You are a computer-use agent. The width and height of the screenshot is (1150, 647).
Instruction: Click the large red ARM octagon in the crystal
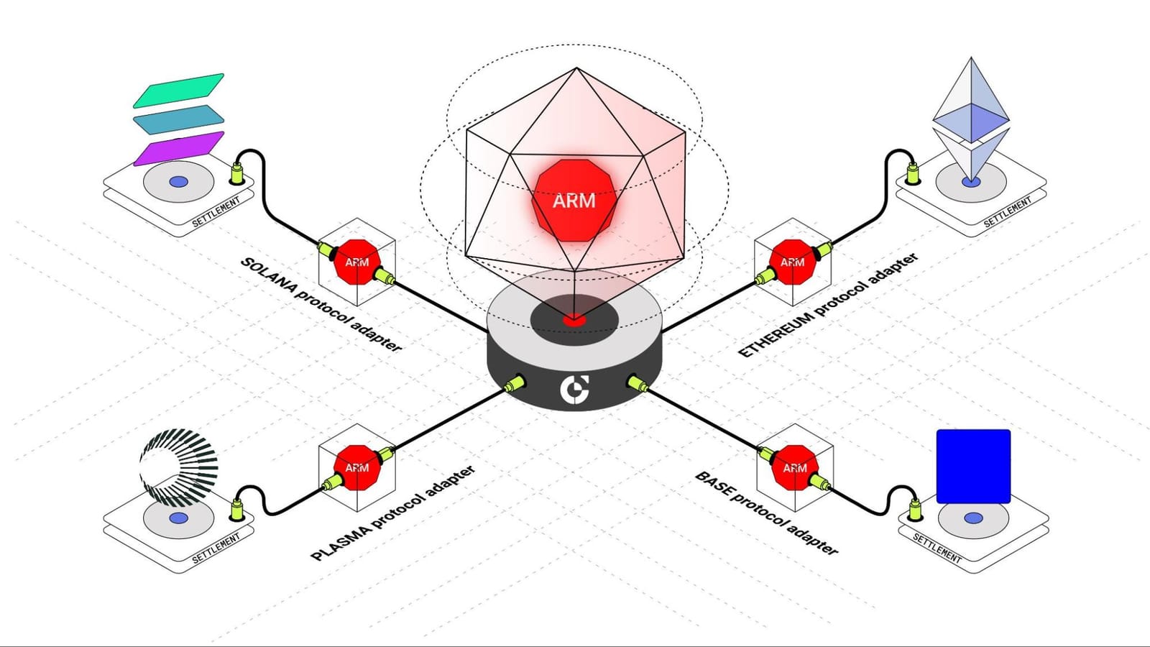[x=574, y=200]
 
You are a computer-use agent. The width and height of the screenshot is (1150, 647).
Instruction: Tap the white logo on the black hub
[x=575, y=389]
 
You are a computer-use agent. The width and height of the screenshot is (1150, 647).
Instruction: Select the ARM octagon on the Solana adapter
[x=357, y=262]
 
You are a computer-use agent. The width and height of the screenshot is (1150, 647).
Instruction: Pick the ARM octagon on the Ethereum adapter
[x=792, y=262]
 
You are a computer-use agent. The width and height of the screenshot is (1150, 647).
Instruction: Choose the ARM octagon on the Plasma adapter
[x=357, y=467]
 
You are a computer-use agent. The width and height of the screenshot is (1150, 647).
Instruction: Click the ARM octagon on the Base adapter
[x=794, y=467]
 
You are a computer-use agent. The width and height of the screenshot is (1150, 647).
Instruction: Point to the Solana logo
[x=178, y=119]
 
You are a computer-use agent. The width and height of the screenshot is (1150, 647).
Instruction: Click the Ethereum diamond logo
[x=971, y=119]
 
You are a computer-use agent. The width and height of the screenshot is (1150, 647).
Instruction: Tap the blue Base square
[x=973, y=466]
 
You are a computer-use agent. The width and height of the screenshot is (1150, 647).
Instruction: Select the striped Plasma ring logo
[x=178, y=467]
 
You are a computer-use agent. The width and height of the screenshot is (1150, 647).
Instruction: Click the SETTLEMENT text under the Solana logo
[x=216, y=213]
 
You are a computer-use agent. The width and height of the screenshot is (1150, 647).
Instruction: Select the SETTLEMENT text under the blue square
[x=937, y=548]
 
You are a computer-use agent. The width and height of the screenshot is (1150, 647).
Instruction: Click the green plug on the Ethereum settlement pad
[x=913, y=173]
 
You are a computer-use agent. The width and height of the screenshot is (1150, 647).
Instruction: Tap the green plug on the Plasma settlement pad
[x=236, y=509]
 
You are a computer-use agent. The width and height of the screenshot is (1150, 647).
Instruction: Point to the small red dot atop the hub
[x=574, y=320]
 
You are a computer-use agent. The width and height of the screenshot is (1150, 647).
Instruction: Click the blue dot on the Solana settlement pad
[x=178, y=182]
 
